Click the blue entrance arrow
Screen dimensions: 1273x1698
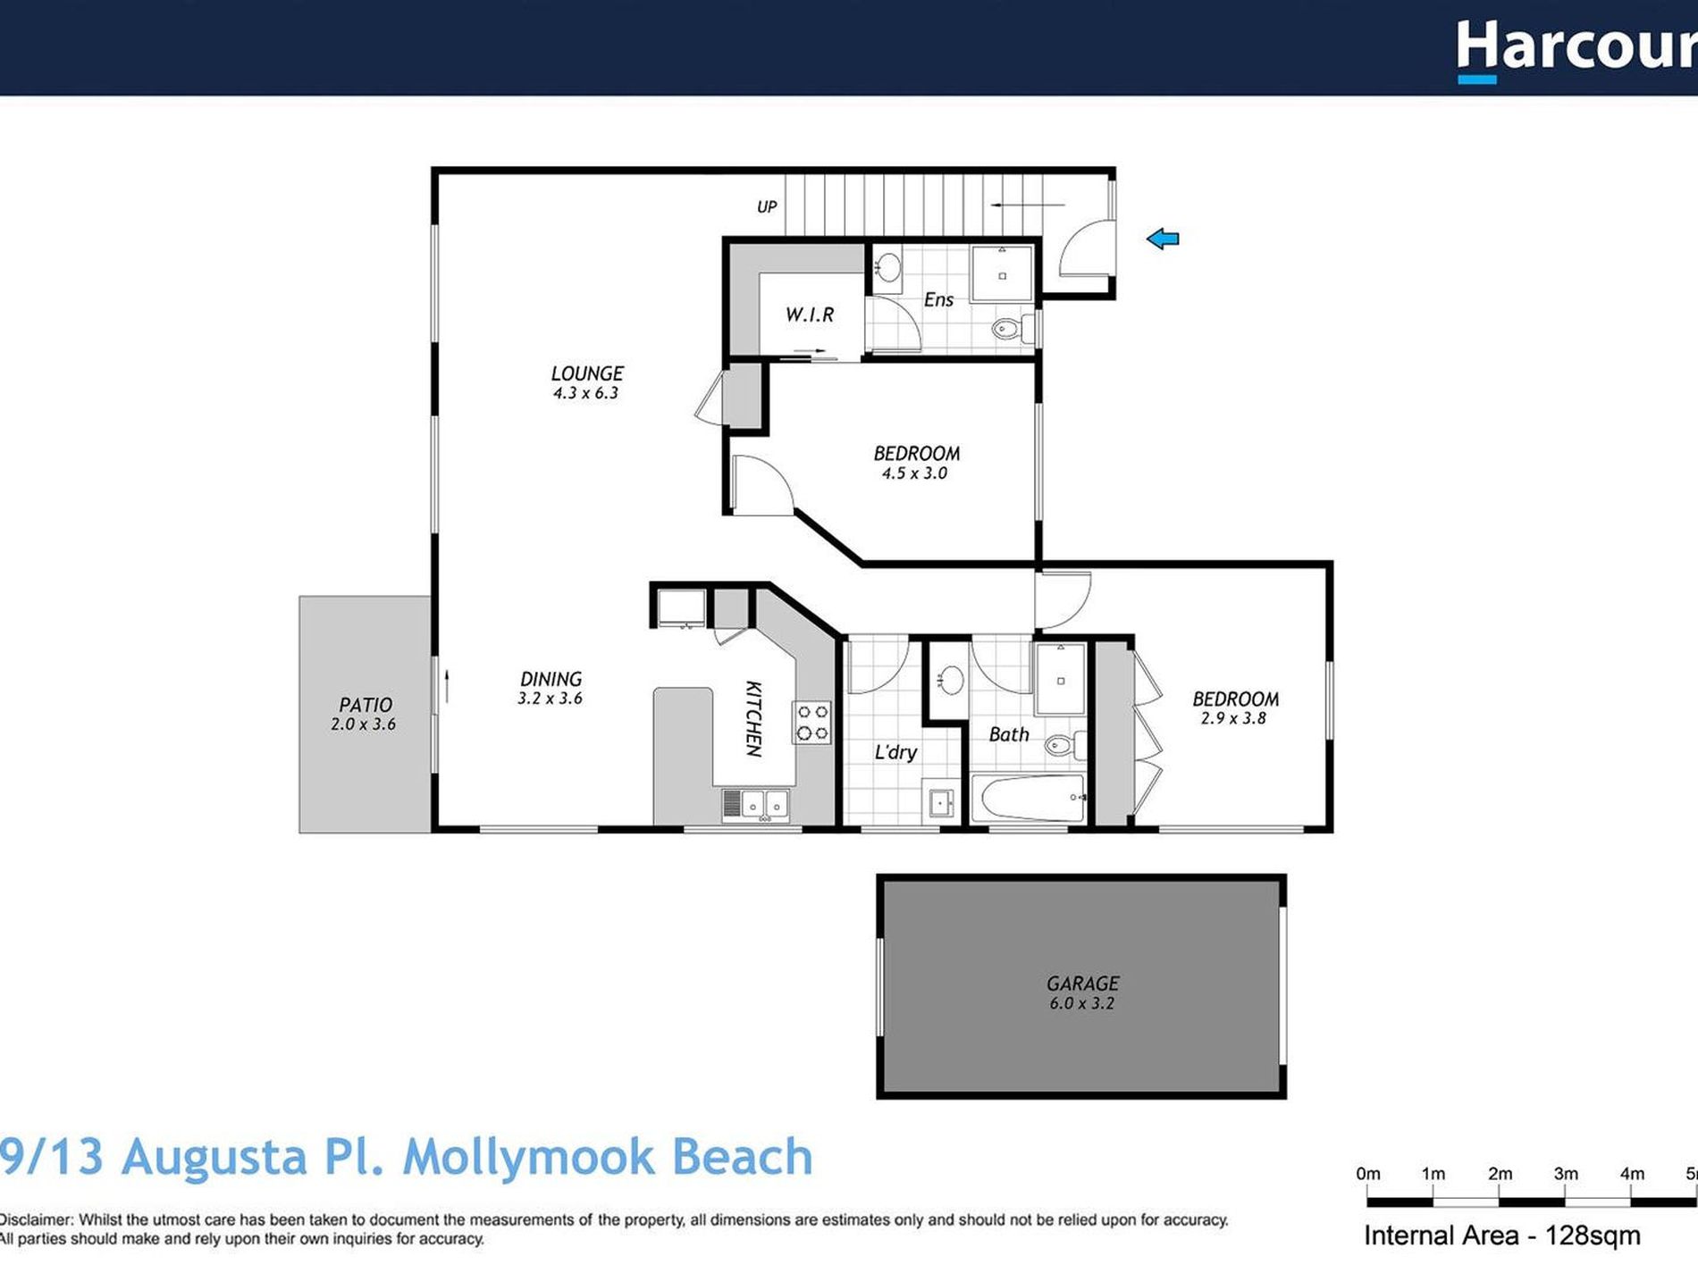(1163, 239)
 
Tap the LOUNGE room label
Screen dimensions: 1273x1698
(587, 373)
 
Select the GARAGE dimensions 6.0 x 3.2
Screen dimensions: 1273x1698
(1081, 1003)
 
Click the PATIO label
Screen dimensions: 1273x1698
(366, 705)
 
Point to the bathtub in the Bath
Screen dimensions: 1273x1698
(1028, 798)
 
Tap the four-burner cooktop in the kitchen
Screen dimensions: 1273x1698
(811, 723)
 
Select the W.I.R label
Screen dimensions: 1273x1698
(810, 314)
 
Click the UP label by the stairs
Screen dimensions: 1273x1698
(767, 207)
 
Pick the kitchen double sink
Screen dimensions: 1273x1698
(755, 804)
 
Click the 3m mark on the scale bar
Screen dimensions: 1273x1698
(1565, 1175)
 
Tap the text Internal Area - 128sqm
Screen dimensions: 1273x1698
(1501, 1236)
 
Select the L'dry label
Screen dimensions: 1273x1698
(895, 752)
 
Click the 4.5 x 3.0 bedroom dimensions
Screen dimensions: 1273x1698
(914, 473)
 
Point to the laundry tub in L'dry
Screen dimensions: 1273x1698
(941, 802)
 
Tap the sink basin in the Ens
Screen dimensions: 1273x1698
(887, 266)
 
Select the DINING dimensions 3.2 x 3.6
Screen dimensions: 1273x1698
(550, 699)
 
